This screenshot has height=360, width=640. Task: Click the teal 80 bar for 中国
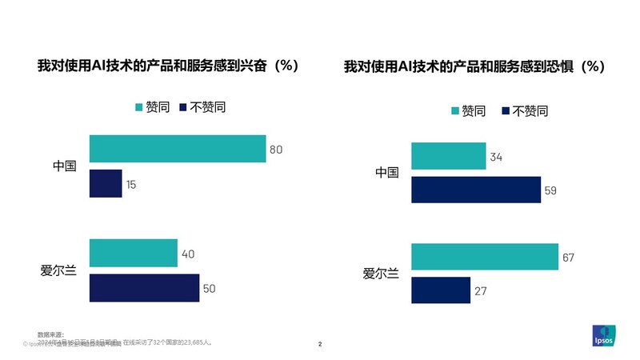[177, 149]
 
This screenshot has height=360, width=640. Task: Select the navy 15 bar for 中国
[105, 184]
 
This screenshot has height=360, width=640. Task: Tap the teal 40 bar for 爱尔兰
[133, 253]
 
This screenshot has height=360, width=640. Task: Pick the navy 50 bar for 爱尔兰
[144, 288]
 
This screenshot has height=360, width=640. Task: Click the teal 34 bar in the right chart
[448, 156]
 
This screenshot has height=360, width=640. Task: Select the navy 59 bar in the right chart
[475, 190]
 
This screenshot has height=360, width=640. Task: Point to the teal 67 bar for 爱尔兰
[484, 257]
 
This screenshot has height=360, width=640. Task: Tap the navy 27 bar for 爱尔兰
[440, 290]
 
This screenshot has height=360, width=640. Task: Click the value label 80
[277, 150]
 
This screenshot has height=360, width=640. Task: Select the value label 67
[569, 258]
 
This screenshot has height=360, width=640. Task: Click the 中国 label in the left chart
[64, 166]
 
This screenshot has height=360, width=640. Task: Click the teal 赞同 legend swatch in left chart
[138, 107]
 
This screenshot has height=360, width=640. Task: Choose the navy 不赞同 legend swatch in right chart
[504, 111]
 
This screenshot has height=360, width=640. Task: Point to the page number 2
[320, 345]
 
